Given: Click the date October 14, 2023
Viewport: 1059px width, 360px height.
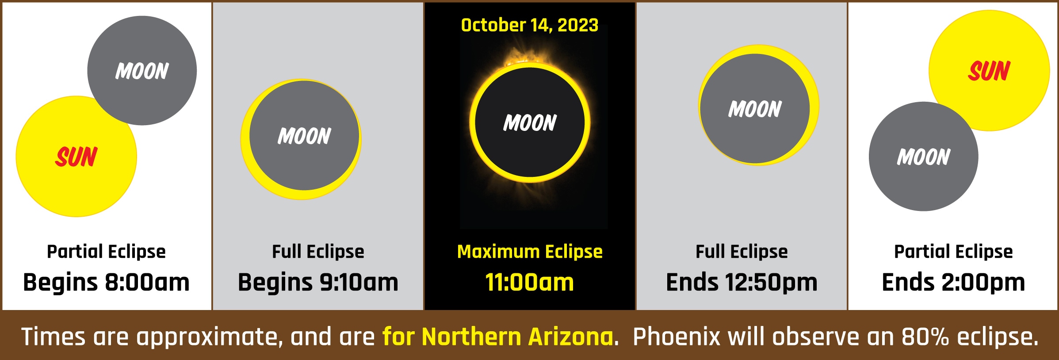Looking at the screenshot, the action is coord(529,25).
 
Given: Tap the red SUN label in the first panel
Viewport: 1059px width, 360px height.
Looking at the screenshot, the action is coord(76,157).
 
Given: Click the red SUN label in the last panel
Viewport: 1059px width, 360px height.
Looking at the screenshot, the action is coord(990,71).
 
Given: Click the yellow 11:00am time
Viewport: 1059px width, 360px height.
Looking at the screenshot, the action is coord(529,282).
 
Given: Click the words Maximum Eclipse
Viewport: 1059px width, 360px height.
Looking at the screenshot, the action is coord(530,252).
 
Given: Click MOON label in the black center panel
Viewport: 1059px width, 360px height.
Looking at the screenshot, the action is coord(530,123).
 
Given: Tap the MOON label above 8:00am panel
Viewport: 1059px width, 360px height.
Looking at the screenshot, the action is coord(142,71).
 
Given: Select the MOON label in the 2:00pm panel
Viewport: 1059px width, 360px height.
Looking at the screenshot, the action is coord(924,157).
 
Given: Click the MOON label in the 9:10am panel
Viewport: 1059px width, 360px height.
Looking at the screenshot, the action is coord(304,136).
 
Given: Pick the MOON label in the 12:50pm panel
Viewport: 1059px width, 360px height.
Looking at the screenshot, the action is coord(755,109).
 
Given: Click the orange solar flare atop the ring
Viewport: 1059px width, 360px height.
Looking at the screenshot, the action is coord(522,57).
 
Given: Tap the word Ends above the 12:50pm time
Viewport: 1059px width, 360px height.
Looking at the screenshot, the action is coord(692,282).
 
